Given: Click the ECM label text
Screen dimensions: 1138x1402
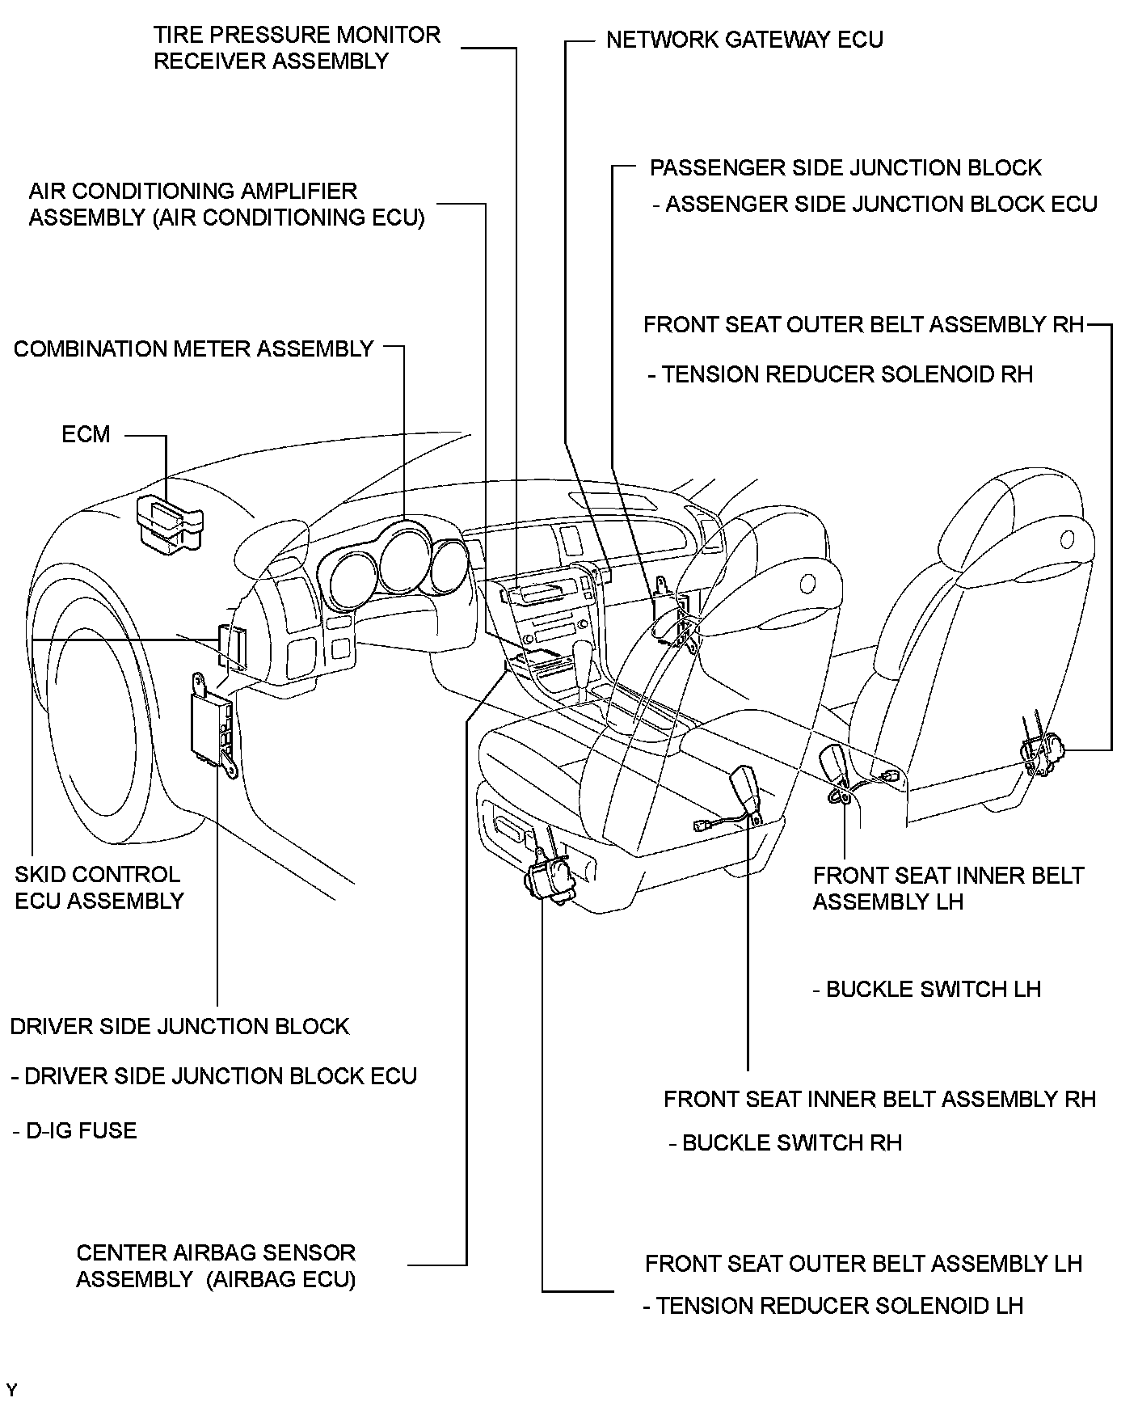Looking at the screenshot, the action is click(x=86, y=434).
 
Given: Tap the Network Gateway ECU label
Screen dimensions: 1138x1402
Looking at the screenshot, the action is click(x=744, y=40).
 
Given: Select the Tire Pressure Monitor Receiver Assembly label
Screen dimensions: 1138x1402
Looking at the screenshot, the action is click(x=297, y=48).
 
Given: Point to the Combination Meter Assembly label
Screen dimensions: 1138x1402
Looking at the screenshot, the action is click(x=194, y=349).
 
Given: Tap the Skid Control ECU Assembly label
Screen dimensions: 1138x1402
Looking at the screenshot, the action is click(x=99, y=887).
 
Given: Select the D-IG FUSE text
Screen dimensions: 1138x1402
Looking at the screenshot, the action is click(x=74, y=1130).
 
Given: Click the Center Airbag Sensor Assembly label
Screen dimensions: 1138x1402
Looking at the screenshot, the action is click(x=216, y=1265).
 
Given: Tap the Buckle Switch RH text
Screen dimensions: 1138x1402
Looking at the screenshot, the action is click(x=786, y=1142).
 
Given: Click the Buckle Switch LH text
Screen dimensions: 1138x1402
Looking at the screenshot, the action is click(x=927, y=990).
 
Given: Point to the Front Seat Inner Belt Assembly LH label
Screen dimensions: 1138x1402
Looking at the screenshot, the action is click(x=948, y=889).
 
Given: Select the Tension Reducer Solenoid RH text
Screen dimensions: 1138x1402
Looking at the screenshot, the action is click(x=841, y=374).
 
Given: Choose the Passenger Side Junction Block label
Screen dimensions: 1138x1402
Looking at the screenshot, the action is click(x=846, y=168).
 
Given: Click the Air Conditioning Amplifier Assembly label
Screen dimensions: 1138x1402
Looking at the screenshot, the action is click(x=226, y=205).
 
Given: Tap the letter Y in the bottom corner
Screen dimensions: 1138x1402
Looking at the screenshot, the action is click(x=11, y=1390).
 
